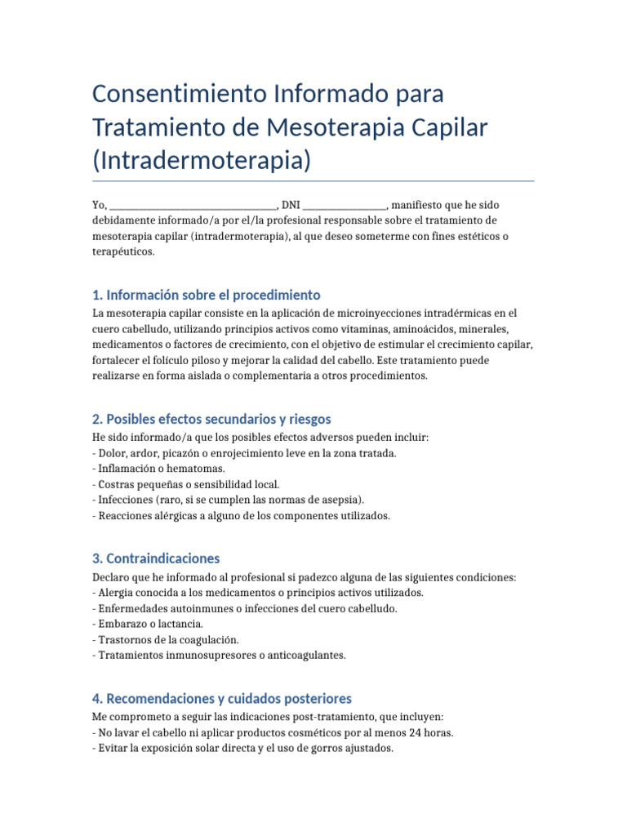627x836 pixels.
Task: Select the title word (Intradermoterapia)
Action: [x=202, y=160]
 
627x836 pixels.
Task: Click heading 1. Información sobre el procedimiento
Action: [x=207, y=295]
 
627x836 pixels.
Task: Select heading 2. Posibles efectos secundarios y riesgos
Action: [x=211, y=419]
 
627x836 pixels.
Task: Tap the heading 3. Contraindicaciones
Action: [x=156, y=558]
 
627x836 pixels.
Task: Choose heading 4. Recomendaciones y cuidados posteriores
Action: [x=222, y=699]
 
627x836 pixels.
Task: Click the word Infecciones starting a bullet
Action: [x=124, y=500]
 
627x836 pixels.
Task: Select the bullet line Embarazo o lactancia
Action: [x=150, y=624]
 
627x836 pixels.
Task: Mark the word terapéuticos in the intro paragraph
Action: [x=122, y=252]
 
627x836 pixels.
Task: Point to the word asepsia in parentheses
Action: [x=341, y=500]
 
